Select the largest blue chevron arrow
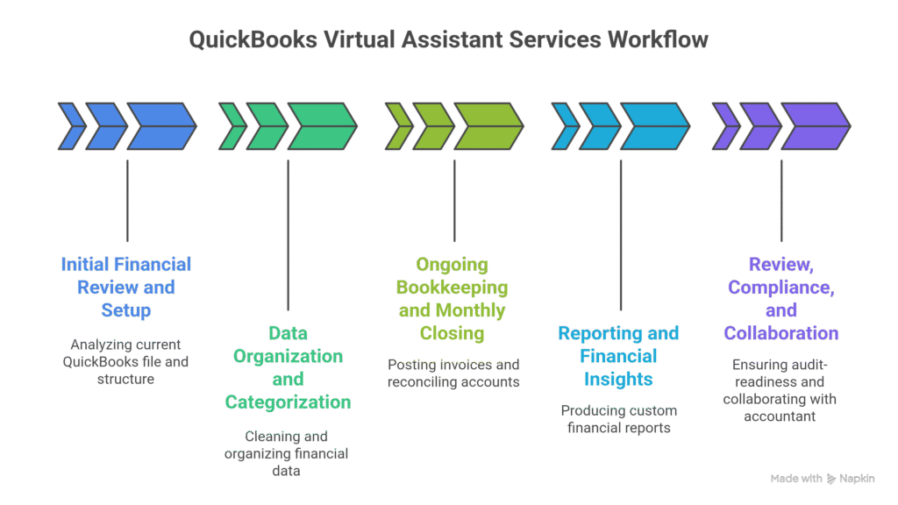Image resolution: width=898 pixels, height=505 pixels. [x=160, y=126]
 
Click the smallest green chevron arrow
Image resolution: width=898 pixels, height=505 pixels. [x=232, y=126]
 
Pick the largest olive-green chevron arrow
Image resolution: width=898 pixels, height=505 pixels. [x=488, y=126]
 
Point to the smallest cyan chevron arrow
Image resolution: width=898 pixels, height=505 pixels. [x=564, y=126]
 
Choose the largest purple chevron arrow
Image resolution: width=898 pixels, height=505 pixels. [x=815, y=126]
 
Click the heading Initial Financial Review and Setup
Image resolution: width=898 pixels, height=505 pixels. [x=126, y=287]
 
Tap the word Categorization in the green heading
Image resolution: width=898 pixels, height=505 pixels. [x=288, y=402]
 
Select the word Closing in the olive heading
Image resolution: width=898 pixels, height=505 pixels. [x=453, y=333]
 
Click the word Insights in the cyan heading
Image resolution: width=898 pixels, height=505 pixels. [x=618, y=380]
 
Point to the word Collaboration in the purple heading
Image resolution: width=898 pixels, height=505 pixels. [x=780, y=333]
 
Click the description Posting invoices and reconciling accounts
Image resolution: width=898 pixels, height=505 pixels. [x=453, y=373]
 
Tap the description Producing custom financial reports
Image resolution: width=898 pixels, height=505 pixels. [x=618, y=419]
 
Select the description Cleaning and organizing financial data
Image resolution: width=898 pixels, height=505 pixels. [x=287, y=453]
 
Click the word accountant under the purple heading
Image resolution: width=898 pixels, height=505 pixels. [x=780, y=416]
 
